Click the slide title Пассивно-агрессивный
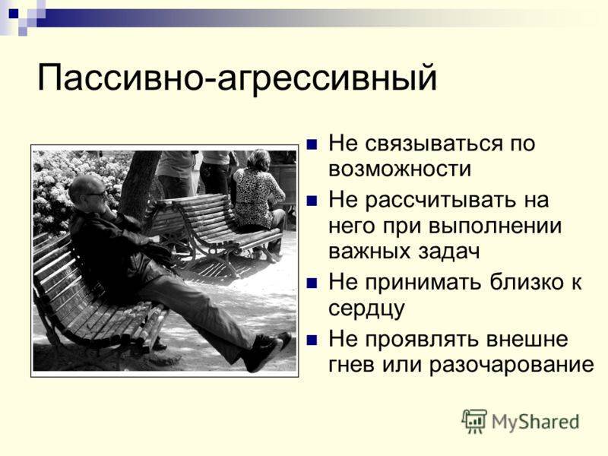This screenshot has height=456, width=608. pos(237,78)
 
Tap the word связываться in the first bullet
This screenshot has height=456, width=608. pos(432,143)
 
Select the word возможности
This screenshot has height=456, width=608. pos(400,169)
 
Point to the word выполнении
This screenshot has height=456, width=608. pos(496,226)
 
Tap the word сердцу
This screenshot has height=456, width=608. pos(366,309)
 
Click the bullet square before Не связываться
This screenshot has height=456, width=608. pos(312,144)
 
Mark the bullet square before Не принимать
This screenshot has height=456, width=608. pos(312,283)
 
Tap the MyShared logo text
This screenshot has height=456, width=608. pos(535,422)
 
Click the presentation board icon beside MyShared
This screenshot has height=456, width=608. pos(474,421)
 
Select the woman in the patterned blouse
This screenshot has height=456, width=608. pos(259,198)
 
